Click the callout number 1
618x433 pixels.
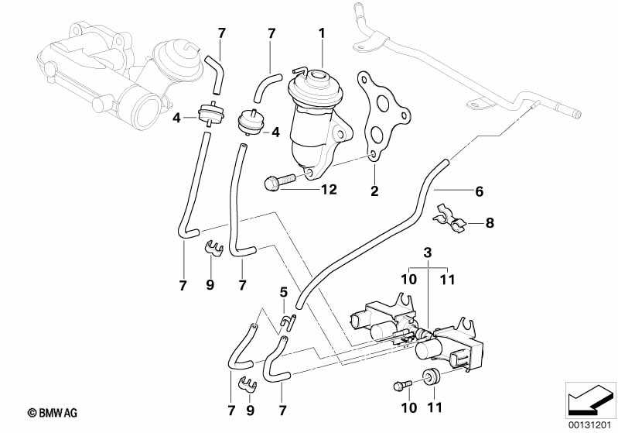(x=322, y=33)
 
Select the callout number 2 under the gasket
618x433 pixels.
(x=374, y=191)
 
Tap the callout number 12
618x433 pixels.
(x=329, y=190)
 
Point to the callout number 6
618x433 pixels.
(x=480, y=191)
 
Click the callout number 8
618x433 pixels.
(x=490, y=223)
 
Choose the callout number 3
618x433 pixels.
(x=428, y=253)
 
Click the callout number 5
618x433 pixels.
(x=284, y=293)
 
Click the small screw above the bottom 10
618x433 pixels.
(x=402, y=384)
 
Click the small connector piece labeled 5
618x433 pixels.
(x=288, y=321)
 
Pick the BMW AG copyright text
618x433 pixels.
(x=53, y=413)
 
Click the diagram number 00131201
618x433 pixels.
(x=590, y=425)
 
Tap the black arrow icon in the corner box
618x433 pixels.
(x=590, y=400)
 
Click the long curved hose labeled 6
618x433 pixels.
(x=374, y=236)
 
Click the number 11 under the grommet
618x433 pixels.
(x=435, y=407)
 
